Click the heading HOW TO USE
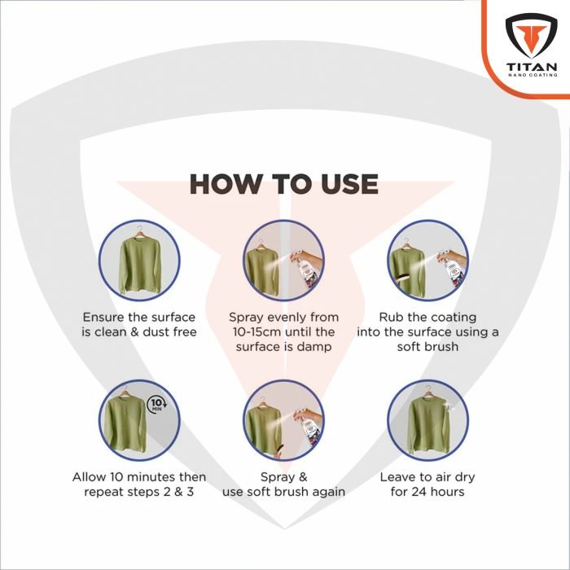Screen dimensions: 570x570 (283, 184)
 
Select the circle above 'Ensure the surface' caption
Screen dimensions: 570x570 (139, 260)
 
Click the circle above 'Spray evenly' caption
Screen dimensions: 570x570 (283, 260)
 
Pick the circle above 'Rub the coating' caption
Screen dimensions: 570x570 (427, 260)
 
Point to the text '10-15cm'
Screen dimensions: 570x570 (255, 331)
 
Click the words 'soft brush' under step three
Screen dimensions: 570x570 (427, 346)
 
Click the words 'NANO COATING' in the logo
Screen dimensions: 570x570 (531, 76)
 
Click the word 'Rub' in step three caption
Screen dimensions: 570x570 (392, 317)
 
